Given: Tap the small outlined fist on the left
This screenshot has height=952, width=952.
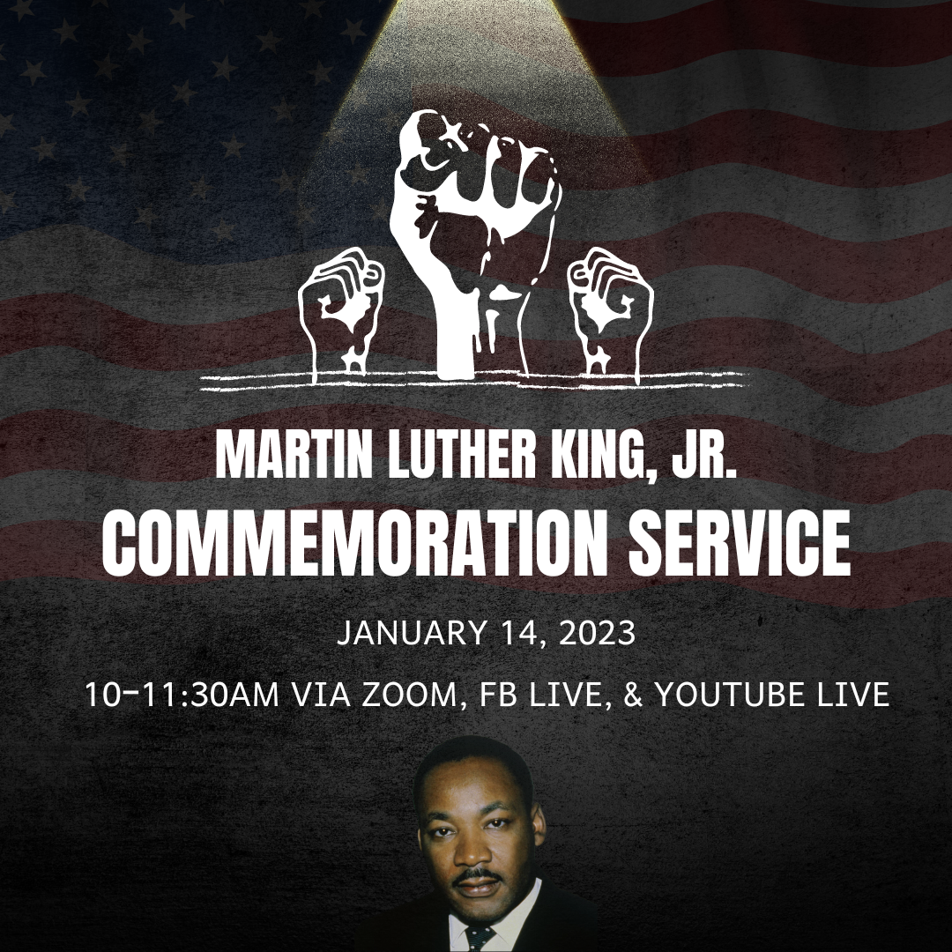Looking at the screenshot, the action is pyautogui.click(x=340, y=313).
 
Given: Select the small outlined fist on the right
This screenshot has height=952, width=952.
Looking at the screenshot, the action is pyautogui.click(x=611, y=313).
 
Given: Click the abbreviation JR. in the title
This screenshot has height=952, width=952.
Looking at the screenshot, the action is pyautogui.click(x=704, y=455).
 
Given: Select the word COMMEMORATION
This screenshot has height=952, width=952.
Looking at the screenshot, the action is pyautogui.click(x=354, y=542).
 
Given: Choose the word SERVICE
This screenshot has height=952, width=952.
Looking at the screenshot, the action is pyautogui.click(x=740, y=542).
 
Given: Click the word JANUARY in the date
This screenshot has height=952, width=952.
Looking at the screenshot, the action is pyautogui.click(x=412, y=633).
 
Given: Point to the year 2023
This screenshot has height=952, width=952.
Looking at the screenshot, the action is pyautogui.click(x=597, y=633).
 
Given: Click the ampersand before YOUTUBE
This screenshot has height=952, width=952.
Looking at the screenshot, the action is pyautogui.click(x=633, y=695).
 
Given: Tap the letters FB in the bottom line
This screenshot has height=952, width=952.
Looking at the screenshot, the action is pyautogui.click(x=498, y=695).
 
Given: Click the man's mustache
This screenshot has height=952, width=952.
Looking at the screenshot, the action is pyautogui.click(x=478, y=875).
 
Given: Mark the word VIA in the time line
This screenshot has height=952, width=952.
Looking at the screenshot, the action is pyautogui.click(x=321, y=695).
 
